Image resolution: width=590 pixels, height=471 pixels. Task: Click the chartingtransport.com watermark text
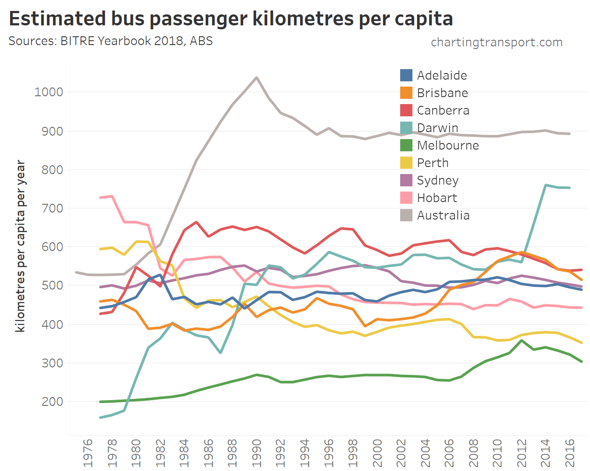(496, 42)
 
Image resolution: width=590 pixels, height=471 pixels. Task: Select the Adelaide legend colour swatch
(406, 75)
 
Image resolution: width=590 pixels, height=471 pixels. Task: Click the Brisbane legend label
(442, 93)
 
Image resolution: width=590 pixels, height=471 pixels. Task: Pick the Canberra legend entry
(443, 110)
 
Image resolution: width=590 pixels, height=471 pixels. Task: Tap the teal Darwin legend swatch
(406, 128)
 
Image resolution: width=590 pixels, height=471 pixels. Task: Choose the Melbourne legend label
(448, 145)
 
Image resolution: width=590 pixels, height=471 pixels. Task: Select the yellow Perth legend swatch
(406, 163)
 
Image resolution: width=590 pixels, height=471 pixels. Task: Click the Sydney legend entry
(437, 180)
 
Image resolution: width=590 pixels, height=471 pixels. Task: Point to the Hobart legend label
(437, 198)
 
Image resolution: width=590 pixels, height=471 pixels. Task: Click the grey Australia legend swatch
(406, 215)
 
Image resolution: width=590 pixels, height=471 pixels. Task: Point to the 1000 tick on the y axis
(49, 92)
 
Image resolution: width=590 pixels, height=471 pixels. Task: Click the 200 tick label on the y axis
(52, 401)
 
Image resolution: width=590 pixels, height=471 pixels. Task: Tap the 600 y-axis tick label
(52, 247)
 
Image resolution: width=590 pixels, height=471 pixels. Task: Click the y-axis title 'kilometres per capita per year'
(20, 246)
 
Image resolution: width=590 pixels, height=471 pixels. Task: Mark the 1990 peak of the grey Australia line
(256, 77)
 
